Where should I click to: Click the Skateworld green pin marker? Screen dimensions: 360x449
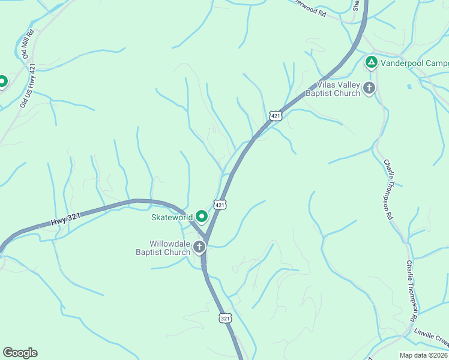point(202,217)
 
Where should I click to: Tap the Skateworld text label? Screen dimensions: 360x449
point(172,217)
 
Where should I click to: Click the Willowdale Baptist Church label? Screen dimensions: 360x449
point(161,248)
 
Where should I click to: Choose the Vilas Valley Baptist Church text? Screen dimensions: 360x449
point(333,89)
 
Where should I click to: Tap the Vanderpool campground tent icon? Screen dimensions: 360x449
point(372,62)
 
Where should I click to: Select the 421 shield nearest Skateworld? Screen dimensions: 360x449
point(220,205)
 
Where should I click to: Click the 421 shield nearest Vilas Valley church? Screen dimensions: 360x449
point(275,115)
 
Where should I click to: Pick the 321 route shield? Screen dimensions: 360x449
point(225,318)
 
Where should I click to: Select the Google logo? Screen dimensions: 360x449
point(20,353)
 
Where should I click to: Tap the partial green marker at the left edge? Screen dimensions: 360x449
point(2,81)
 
